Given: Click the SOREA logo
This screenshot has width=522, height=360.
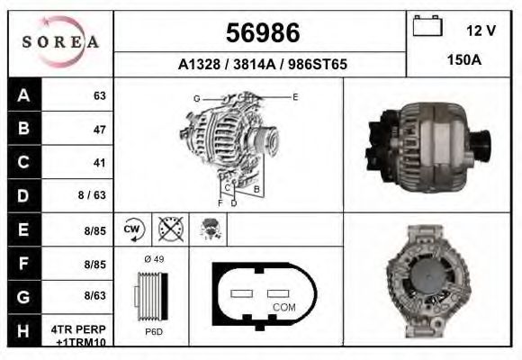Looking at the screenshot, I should click(60, 42).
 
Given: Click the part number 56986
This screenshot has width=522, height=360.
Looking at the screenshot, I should click(261, 34).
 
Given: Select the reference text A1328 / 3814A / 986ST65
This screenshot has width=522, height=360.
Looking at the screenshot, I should click(261, 65).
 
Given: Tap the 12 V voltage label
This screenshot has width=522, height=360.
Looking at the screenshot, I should click(481, 31).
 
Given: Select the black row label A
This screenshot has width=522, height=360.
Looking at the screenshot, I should click(23, 95).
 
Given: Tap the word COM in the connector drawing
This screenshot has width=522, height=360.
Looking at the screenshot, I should click(284, 307).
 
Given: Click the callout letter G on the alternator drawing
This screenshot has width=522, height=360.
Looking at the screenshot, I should click(196, 98).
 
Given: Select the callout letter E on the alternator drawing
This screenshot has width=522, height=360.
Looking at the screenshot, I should click(295, 96).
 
